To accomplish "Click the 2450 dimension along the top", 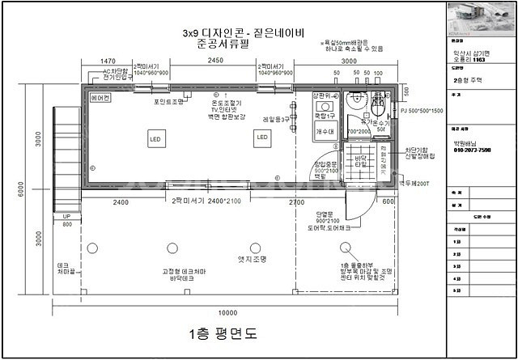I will point(214,61).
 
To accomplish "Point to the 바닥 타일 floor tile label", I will point(362,159).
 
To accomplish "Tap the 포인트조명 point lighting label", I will point(168,103).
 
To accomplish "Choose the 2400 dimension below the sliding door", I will point(121,201).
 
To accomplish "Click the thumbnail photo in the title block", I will point(481,16).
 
